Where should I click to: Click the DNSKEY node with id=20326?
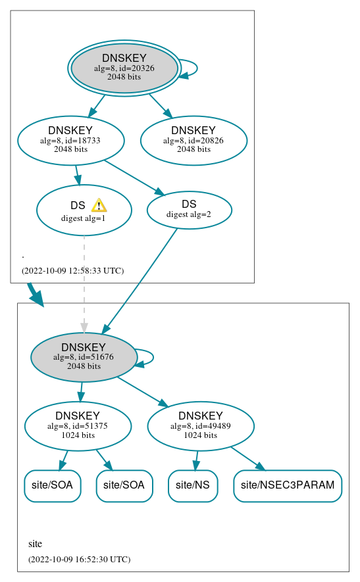[x=124, y=68]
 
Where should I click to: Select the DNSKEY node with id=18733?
[x=70, y=140]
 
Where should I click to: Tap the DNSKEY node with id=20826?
[x=193, y=140]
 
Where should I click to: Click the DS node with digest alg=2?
[x=189, y=209]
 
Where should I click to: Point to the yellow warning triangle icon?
[x=99, y=205]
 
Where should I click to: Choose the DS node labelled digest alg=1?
[x=84, y=210]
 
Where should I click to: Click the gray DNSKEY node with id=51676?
[x=84, y=357]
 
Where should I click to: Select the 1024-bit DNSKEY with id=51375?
[x=78, y=426]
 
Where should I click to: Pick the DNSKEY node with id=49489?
[x=201, y=426]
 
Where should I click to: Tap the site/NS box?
[x=193, y=485]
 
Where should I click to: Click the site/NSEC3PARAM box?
[x=288, y=485]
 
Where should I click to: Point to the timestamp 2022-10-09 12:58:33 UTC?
[x=72, y=270]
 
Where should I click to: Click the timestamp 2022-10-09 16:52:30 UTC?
[x=79, y=559]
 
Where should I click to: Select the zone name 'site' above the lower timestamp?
[x=35, y=544]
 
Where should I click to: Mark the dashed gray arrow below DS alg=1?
[x=84, y=283]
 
